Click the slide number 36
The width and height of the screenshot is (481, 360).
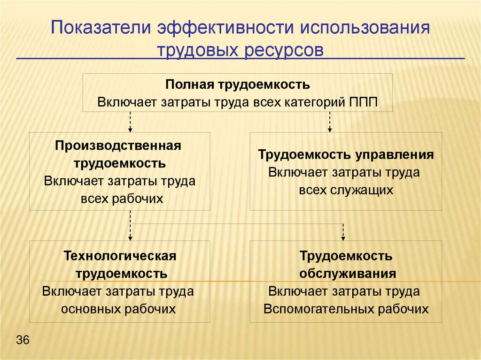pyautogui.click(x=23, y=340)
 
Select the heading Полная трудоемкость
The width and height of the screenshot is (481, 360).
pyautogui.click(x=237, y=85)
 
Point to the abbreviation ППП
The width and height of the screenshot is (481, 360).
pyautogui.click(x=363, y=102)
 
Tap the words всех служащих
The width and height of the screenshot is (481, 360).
pyautogui.click(x=346, y=190)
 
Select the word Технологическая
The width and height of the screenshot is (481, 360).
pyautogui.click(x=120, y=256)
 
